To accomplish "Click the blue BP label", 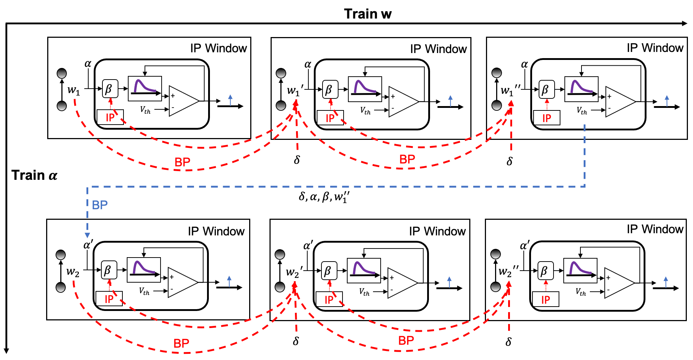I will (x=100, y=205).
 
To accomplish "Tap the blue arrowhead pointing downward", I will (x=87, y=235).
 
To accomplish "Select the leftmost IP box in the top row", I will (x=110, y=117).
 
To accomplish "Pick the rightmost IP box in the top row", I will (x=547, y=118).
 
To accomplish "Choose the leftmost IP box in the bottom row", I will (x=109, y=299).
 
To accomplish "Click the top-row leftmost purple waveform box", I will (x=145, y=89).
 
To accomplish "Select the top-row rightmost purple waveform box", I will (x=581, y=89).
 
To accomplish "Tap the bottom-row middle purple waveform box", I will (x=364, y=271).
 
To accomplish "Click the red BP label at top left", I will (x=182, y=162).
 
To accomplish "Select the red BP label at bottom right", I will (x=406, y=340).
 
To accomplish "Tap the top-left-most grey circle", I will (x=62, y=73).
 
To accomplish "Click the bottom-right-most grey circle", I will (x=496, y=287).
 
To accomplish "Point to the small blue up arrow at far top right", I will (x=667, y=101).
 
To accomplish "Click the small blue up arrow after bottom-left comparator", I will (x=229, y=281).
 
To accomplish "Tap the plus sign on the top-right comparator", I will (x=609, y=96).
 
